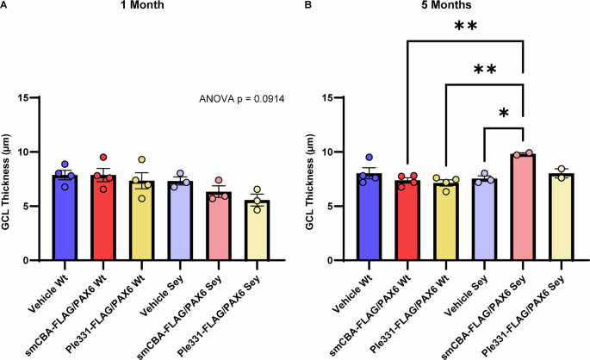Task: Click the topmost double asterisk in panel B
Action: coord(466,28)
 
